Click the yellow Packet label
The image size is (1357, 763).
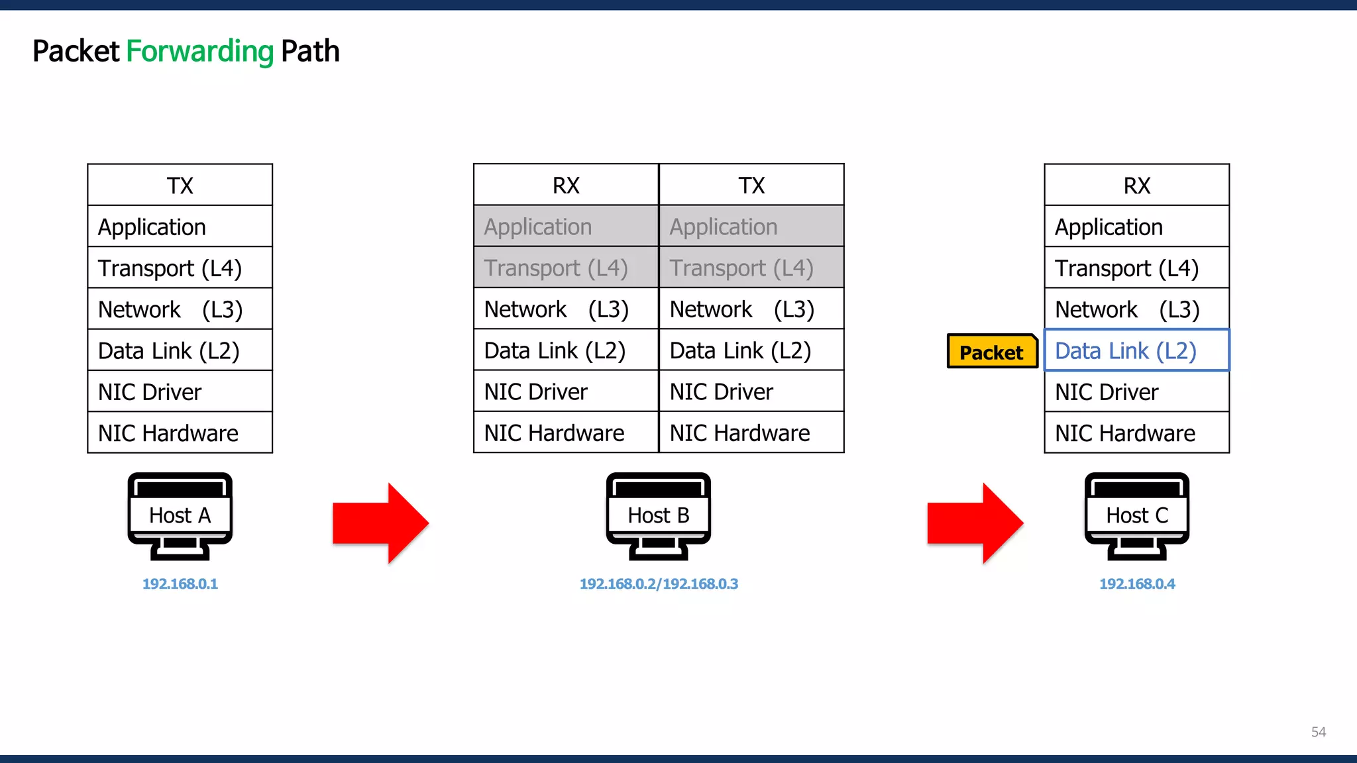coord(991,352)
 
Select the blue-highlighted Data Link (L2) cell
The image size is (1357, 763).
coord(1136,350)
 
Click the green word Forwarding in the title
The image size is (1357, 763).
coord(199,51)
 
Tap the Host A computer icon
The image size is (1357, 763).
coord(180,516)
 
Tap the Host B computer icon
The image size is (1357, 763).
coord(658,516)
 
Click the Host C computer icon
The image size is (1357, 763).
coord(1136,516)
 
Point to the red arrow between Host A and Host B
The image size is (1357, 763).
coord(380,523)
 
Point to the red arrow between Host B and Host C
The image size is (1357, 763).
coord(975,523)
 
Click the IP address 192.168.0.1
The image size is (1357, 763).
coord(180,584)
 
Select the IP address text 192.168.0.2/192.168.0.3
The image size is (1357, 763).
coord(659,584)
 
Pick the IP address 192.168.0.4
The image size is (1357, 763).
coord(1137,584)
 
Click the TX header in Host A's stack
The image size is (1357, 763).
coord(180,185)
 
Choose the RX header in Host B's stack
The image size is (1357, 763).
coord(566,185)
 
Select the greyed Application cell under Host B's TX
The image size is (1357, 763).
coord(751,227)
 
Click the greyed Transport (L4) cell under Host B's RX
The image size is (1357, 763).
coord(566,268)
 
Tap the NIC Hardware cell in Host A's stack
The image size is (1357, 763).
coord(180,433)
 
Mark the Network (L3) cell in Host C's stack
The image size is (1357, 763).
coord(1136,309)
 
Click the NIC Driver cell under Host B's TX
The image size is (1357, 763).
coord(751,391)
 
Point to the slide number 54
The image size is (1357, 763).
coord(1318,732)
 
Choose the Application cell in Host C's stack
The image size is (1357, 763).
coord(1136,227)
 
